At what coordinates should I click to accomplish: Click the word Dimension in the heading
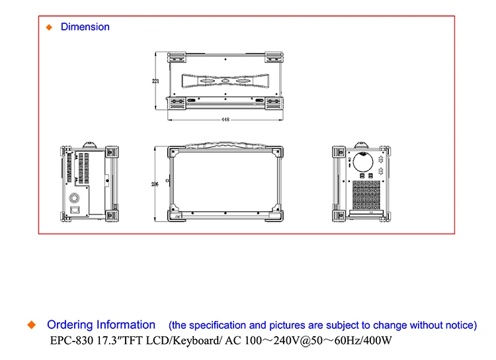coord(85,27)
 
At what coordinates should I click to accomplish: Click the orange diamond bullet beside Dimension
coord(48,27)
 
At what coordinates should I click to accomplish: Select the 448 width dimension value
coord(226,120)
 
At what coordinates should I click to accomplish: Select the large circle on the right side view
coord(362,161)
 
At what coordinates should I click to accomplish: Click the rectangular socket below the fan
coord(74,210)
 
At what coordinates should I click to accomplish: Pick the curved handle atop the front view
coord(226,145)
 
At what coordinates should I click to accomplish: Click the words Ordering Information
coord(101,325)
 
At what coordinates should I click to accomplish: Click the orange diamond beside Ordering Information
coord(30,325)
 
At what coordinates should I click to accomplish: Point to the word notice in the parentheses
coord(458,326)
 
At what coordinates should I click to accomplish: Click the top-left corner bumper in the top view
coord(176,58)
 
